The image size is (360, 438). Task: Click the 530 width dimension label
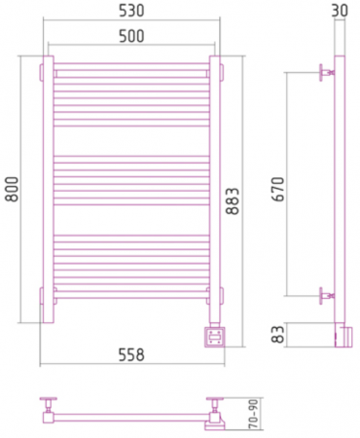click(131, 11)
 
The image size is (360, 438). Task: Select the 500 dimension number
click(131, 36)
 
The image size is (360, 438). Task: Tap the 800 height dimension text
click(12, 189)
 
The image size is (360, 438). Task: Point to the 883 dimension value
click(233, 201)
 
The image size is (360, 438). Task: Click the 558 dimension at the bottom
click(131, 354)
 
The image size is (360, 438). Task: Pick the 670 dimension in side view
click(278, 189)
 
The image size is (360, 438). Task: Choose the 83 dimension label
click(278, 334)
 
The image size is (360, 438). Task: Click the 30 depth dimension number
click(340, 11)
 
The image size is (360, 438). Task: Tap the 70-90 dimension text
click(254, 414)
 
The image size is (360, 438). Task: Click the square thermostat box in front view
click(214, 337)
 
